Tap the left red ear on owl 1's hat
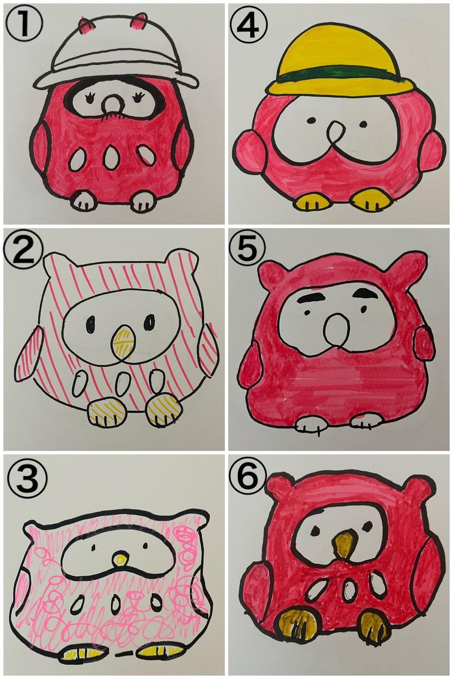click(x=86, y=26)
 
